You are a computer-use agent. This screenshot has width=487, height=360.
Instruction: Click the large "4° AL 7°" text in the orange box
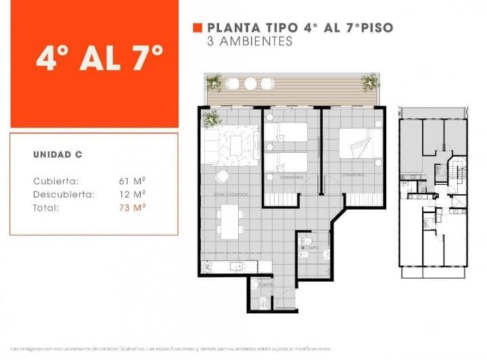[99, 60]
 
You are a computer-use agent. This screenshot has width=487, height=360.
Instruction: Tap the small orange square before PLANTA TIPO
[198, 28]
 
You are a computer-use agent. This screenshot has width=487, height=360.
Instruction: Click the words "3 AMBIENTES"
[250, 41]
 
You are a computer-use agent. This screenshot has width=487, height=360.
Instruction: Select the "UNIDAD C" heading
[57, 154]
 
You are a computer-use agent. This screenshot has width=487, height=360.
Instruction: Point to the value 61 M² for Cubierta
[133, 181]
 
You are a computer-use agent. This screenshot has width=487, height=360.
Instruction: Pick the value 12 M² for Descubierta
[133, 194]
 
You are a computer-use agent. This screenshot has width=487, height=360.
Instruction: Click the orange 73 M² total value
[133, 208]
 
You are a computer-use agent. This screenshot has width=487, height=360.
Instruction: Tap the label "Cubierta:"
[55, 181]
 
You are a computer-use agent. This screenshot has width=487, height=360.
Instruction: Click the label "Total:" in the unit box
[46, 208]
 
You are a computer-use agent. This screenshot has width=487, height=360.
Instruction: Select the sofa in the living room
[211, 146]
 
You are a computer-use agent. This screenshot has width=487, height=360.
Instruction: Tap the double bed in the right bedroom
[361, 143]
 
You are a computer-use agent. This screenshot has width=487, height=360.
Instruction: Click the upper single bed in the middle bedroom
[285, 131]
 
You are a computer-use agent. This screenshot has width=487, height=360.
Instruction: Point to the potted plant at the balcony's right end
[370, 83]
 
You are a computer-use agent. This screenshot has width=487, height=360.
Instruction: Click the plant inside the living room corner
[210, 119]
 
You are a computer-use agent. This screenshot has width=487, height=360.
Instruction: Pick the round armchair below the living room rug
[221, 176]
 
